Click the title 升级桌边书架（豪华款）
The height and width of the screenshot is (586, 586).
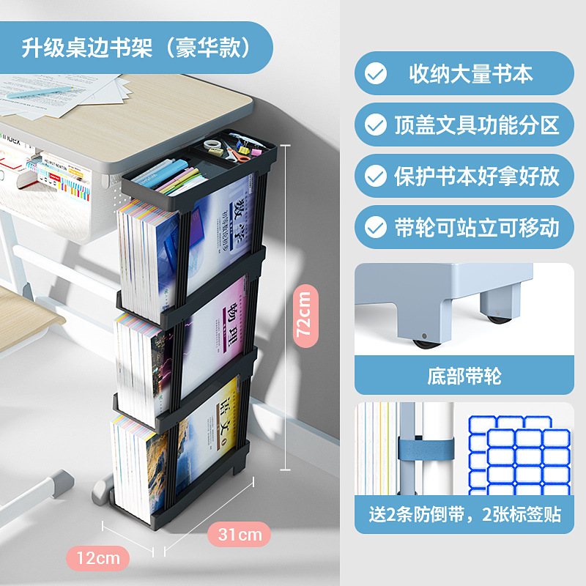(136, 48)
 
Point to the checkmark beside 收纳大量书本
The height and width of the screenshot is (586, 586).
(376, 73)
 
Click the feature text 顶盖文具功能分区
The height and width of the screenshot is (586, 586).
(477, 125)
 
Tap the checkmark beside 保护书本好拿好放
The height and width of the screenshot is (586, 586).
(376, 176)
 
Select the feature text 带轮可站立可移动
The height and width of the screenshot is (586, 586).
(477, 227)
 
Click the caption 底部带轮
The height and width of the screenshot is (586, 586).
(464, 377)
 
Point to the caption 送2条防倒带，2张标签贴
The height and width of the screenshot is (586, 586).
(464, 514)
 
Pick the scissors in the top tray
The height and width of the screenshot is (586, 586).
(237, 152)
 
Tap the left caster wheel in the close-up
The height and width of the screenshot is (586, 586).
(423, 341)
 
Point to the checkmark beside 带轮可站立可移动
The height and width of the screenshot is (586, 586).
(376, 227)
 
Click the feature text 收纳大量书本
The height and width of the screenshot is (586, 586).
(471, 73)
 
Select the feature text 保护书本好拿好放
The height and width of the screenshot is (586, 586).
(477, 176)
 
